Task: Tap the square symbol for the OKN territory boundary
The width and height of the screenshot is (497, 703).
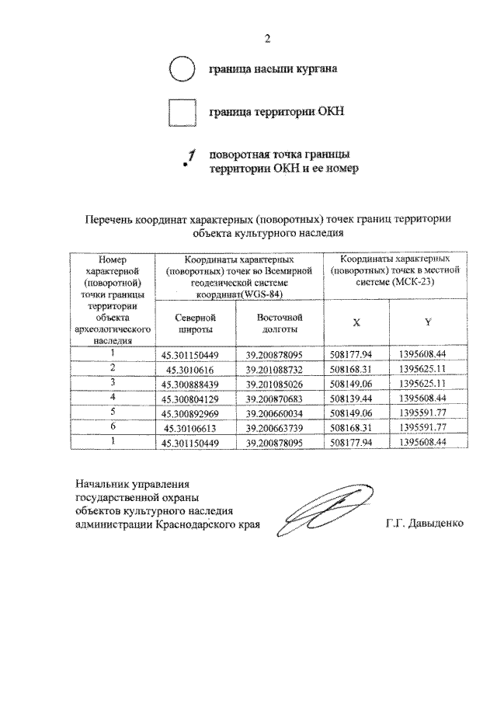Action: tap(181, 113)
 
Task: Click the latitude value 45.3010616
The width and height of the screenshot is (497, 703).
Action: tap(190, 369)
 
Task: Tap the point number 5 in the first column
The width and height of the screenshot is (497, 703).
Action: tap(112, 412)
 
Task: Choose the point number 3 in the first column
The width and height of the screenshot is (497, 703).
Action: tap(112, 382)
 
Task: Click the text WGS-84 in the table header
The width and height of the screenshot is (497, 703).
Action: tap(261, 294)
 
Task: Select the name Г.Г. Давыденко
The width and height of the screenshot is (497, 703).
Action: tap(423, 524)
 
